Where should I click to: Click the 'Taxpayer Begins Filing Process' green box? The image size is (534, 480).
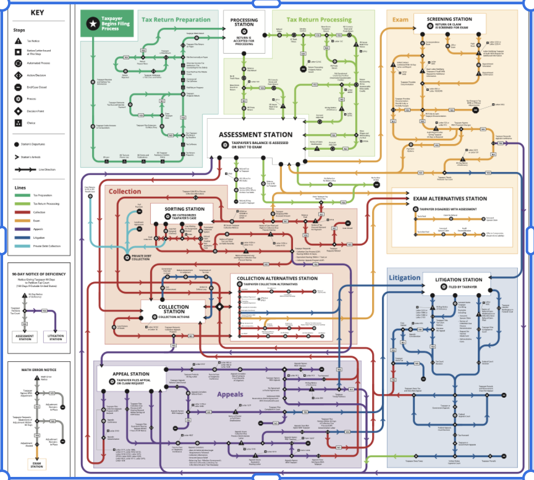pos(108,24)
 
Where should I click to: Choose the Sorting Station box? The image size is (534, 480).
pos(178,213)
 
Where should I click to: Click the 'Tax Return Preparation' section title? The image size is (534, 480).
pos(176,19)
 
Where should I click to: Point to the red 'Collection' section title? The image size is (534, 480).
pos(125,191)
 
